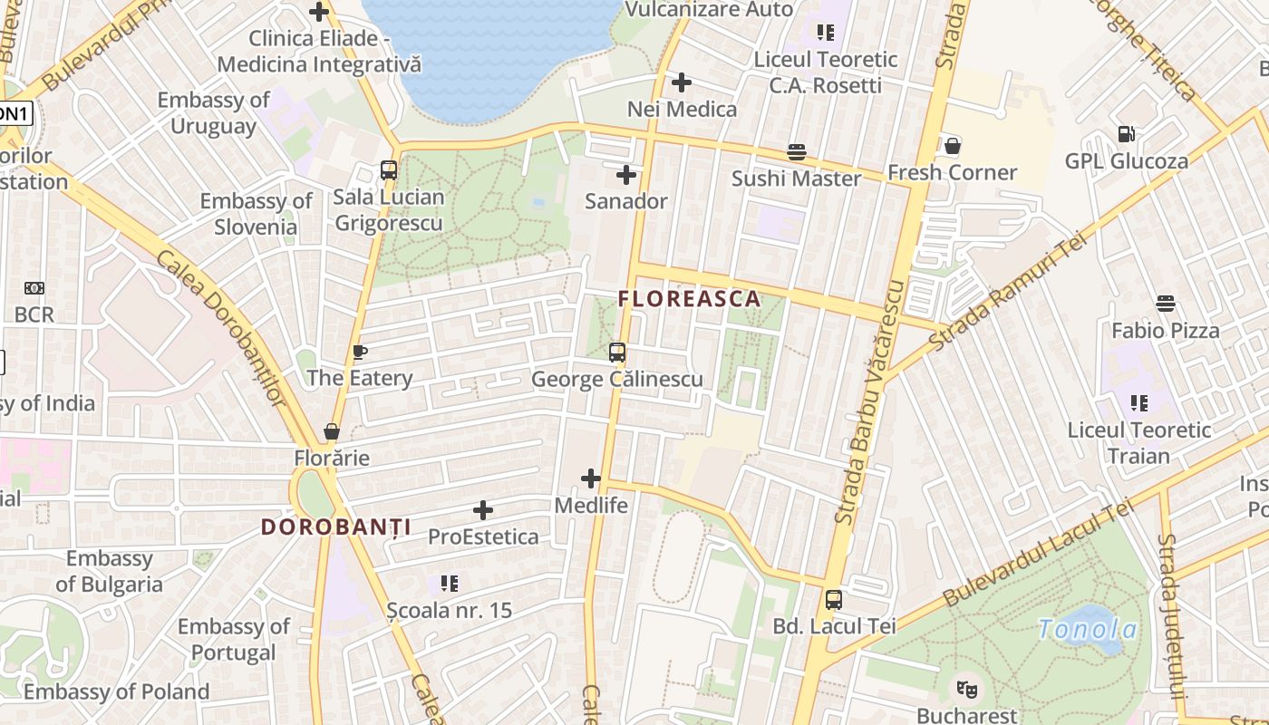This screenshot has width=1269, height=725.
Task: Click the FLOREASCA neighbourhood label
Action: (689, 299)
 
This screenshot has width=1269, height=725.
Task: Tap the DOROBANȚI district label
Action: (335, 527)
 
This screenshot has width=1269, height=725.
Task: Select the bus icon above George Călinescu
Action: (617, 352)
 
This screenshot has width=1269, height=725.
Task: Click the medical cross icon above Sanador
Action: (625, 175)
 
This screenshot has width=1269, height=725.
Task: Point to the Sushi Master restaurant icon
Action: (797, 151)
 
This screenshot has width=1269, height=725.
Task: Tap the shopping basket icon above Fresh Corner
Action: (952, 146)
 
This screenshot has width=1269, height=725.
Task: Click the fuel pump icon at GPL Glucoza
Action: (1126, 134)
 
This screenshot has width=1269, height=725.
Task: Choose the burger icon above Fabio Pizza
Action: (1166, 304)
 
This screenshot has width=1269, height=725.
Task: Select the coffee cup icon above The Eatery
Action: (360, 352)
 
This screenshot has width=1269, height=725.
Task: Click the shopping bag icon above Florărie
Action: (332, 431)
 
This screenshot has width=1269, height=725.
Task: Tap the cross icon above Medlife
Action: (591, 478)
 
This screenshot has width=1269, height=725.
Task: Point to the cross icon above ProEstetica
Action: (483, 510)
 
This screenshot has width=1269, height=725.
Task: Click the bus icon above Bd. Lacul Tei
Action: (834, 599)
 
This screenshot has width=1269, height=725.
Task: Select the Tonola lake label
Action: (1088, 630)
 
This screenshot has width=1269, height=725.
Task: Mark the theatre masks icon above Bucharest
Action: (967, 690)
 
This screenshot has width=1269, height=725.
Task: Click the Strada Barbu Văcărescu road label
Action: (871, 402)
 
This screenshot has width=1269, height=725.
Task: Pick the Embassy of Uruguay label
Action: (214, 112)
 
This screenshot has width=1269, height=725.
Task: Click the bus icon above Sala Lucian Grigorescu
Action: (389, 170)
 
